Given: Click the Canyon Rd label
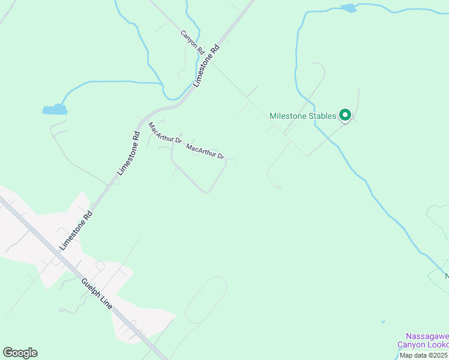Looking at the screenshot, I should tap(193, 42).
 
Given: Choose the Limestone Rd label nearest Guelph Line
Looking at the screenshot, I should tap(77, 230).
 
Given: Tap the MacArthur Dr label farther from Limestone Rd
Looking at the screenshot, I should tap(205, 151).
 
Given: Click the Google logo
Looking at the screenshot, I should tap(20, 353).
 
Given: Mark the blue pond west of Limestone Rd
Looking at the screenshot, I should tap(55, 109).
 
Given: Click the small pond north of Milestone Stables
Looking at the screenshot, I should tap(348, 8).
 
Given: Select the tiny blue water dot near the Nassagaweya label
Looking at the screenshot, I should tap(383, 322).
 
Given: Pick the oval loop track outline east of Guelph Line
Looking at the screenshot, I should tap(206, 300).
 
